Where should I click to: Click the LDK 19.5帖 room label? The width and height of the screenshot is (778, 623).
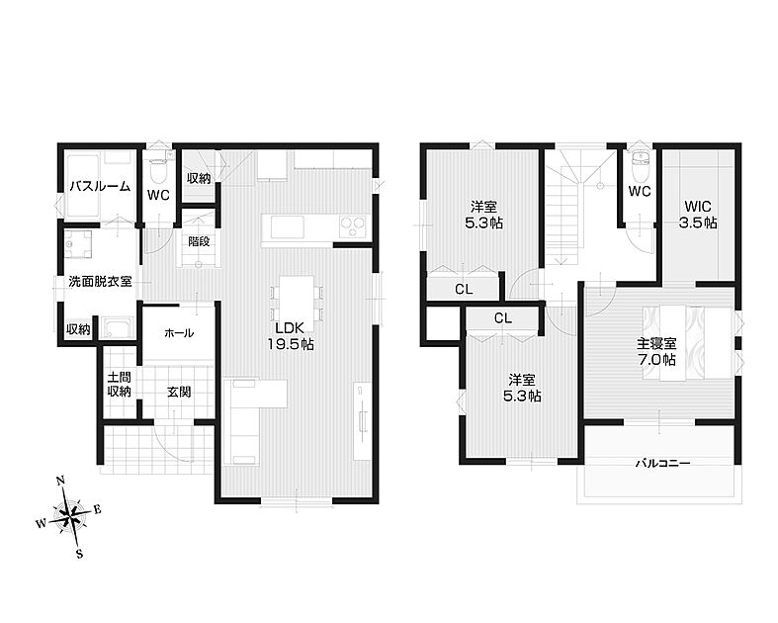(291, 335)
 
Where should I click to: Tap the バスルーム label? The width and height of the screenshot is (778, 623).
(100, 187)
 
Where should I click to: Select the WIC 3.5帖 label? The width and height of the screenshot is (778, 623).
(698, 214)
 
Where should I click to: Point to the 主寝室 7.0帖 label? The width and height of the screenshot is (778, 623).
(657, 351)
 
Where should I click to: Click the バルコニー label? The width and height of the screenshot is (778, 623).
(663, 463)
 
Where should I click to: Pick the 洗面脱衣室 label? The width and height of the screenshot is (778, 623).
(100, 282)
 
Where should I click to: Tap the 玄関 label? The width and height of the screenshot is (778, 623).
(179, 393)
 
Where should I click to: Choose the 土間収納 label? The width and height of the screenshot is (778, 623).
(119, 385)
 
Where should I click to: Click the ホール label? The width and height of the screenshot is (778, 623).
(179, 333)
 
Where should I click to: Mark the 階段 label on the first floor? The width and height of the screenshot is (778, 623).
(199, 241)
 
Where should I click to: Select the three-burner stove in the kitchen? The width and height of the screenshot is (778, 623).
(353, 226)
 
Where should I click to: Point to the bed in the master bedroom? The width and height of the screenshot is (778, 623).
(688, 343)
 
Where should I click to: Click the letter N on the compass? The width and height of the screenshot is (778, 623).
(60, 481)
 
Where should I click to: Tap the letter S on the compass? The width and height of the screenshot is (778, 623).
(79, 554)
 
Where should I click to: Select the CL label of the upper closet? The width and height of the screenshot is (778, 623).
(464, 290)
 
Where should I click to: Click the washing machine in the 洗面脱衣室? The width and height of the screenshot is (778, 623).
(78, 245)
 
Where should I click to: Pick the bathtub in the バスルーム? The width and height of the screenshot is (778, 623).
(83, 186)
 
